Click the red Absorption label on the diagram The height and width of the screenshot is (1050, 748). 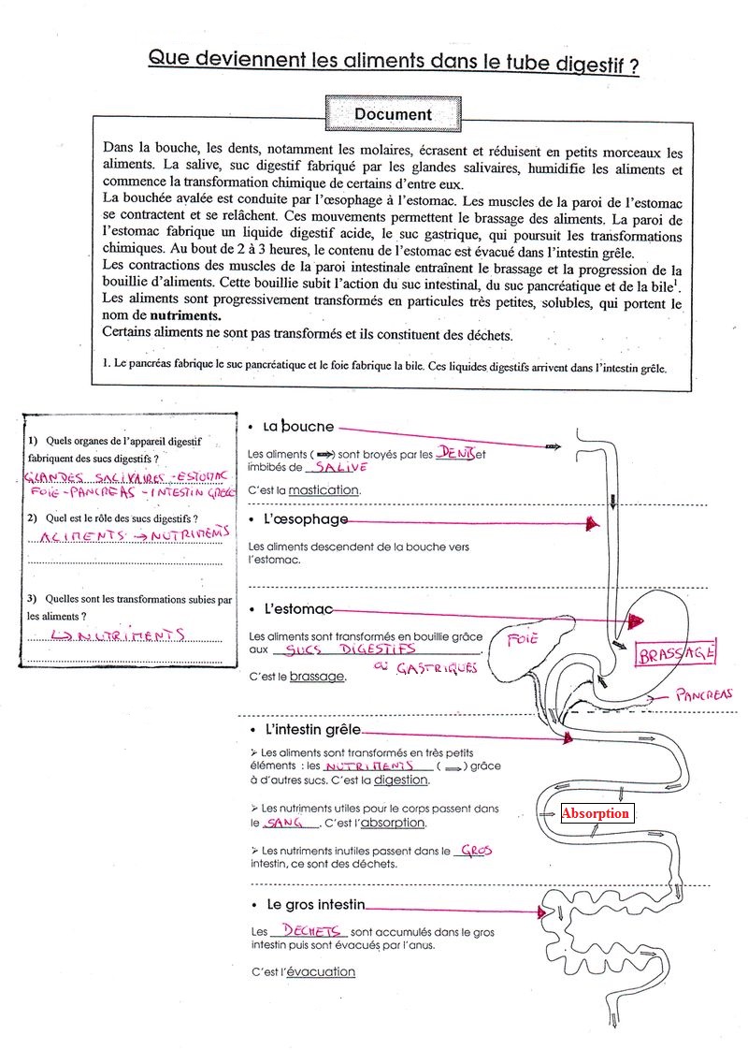click(x=596, y=813)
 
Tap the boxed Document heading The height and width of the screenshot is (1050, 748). click(x=393, y=114)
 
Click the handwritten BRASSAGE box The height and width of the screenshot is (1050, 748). click(x=676, y=654)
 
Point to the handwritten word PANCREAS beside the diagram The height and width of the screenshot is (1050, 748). click(x=704, y=694)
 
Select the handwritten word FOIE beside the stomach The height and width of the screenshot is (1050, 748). click(x=521, y=640)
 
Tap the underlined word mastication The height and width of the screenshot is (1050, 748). click(x=324, y=489)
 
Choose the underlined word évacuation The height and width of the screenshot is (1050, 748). click(x=321, y=971)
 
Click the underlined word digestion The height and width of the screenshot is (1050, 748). click(x=400, y=780)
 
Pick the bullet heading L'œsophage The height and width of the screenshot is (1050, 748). click(x=306, y=519)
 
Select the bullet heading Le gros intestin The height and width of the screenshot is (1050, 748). click(x=316, y=905)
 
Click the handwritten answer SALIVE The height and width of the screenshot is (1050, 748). click(x=340, y=467)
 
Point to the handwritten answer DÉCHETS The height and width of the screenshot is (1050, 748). click(x=308, y=931)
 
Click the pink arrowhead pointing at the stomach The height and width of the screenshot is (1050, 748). click(x=637, y=620)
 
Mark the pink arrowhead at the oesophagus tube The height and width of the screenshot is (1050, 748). click(x=591, y=526)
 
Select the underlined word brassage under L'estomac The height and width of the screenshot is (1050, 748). click(x=316, y=676)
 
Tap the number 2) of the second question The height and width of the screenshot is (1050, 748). click(x=33, y=518)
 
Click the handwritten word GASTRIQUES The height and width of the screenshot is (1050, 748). click(x=437, y=668)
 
